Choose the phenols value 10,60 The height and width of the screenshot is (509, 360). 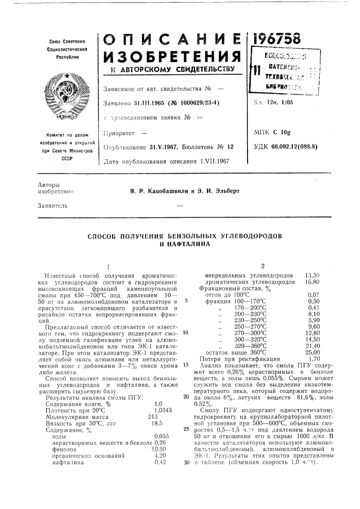tap(160, 434)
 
